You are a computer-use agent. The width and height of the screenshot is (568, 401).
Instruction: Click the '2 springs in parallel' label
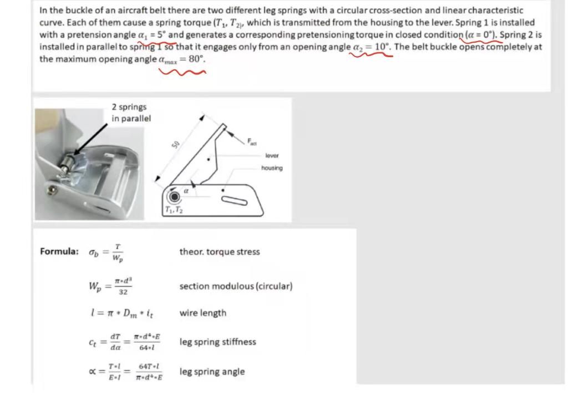[130, 113]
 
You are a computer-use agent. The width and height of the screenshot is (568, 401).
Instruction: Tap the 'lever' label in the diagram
[272, 156]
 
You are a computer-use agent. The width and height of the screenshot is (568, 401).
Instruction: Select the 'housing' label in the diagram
[272, 167]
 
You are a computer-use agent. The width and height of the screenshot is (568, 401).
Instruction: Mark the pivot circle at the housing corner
[174, 196]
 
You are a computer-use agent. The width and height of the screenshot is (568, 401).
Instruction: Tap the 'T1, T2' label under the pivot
[173, 210]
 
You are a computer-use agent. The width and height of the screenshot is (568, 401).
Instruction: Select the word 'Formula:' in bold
[59, 252]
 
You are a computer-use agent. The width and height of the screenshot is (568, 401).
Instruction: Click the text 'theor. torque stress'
[219, 252]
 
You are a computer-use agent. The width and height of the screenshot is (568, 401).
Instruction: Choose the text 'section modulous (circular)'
[236, 286]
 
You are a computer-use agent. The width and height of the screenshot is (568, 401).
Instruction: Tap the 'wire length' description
[202, 313]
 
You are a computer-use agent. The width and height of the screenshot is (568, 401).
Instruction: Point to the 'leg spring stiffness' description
[217, 342]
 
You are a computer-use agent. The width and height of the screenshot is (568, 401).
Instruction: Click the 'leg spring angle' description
[211, 372]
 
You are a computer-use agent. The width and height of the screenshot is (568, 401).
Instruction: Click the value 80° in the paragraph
[195, 59]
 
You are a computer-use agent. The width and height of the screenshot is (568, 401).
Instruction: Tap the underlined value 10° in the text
[381, 46]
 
